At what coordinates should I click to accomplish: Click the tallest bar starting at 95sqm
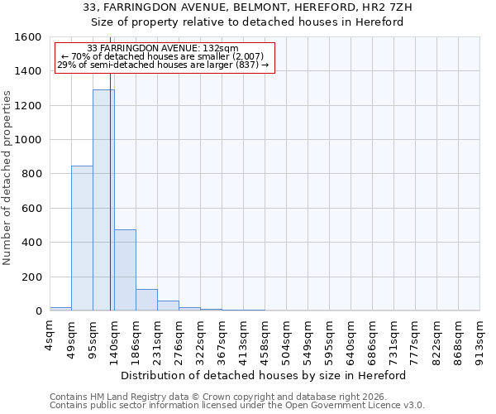click(x=103, y=200)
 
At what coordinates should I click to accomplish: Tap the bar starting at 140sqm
click(x=125, y=270)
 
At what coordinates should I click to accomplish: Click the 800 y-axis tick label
click(x=31, y=174)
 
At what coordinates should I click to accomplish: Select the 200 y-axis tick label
click(x=31, y=277)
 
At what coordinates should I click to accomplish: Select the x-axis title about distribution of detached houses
click(x=269, y=375)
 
